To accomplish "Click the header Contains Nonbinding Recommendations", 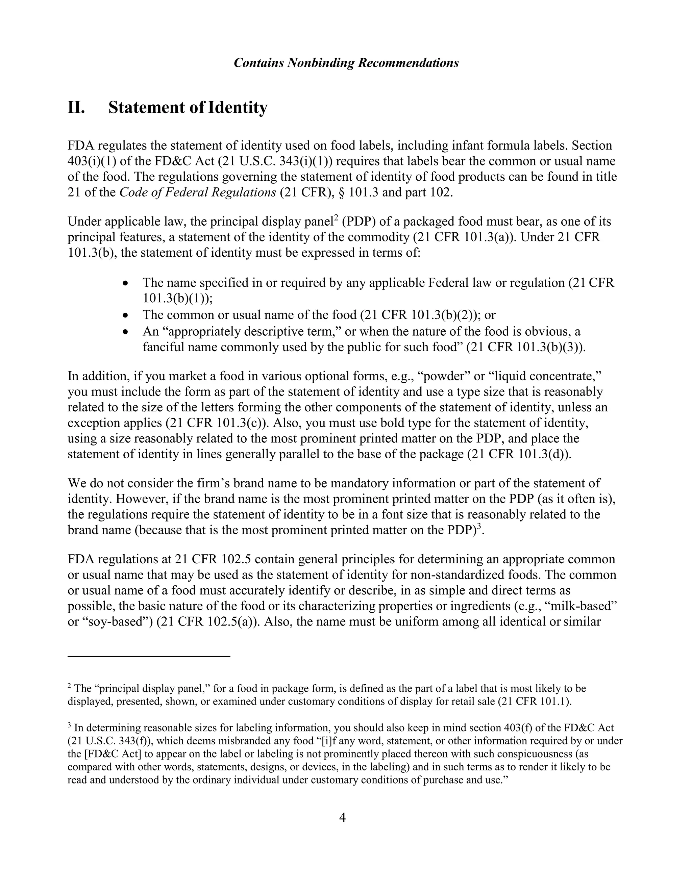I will click(x=346, y=63).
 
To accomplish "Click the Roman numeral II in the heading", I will click(x=76, y=108).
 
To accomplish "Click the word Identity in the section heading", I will click(x=238, y=108).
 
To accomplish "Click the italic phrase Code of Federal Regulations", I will click(x=198, y=193).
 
